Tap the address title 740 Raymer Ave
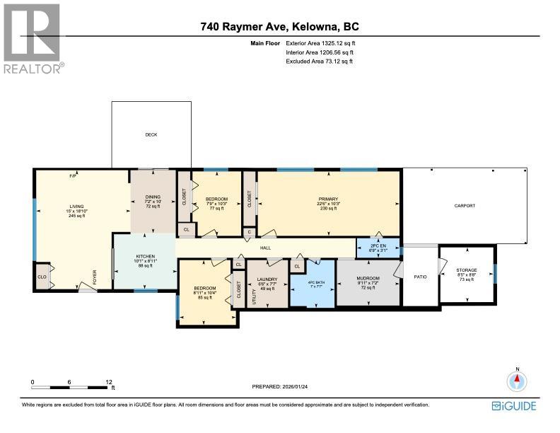click(x=279, y=28)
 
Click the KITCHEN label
click(x=144, y=256)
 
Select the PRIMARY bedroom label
click(x=328, y=200)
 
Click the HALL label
click(x=265, y=248)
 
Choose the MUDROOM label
click(x=368, y=279)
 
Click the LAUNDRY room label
click(x=267, y=279)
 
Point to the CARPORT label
click(x=464, y=206)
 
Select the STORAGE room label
click(x=466, y=270)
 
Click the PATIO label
click(x=420, y=277)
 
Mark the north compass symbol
click(x=518, y=381)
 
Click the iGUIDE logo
click(x=514, y=405)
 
